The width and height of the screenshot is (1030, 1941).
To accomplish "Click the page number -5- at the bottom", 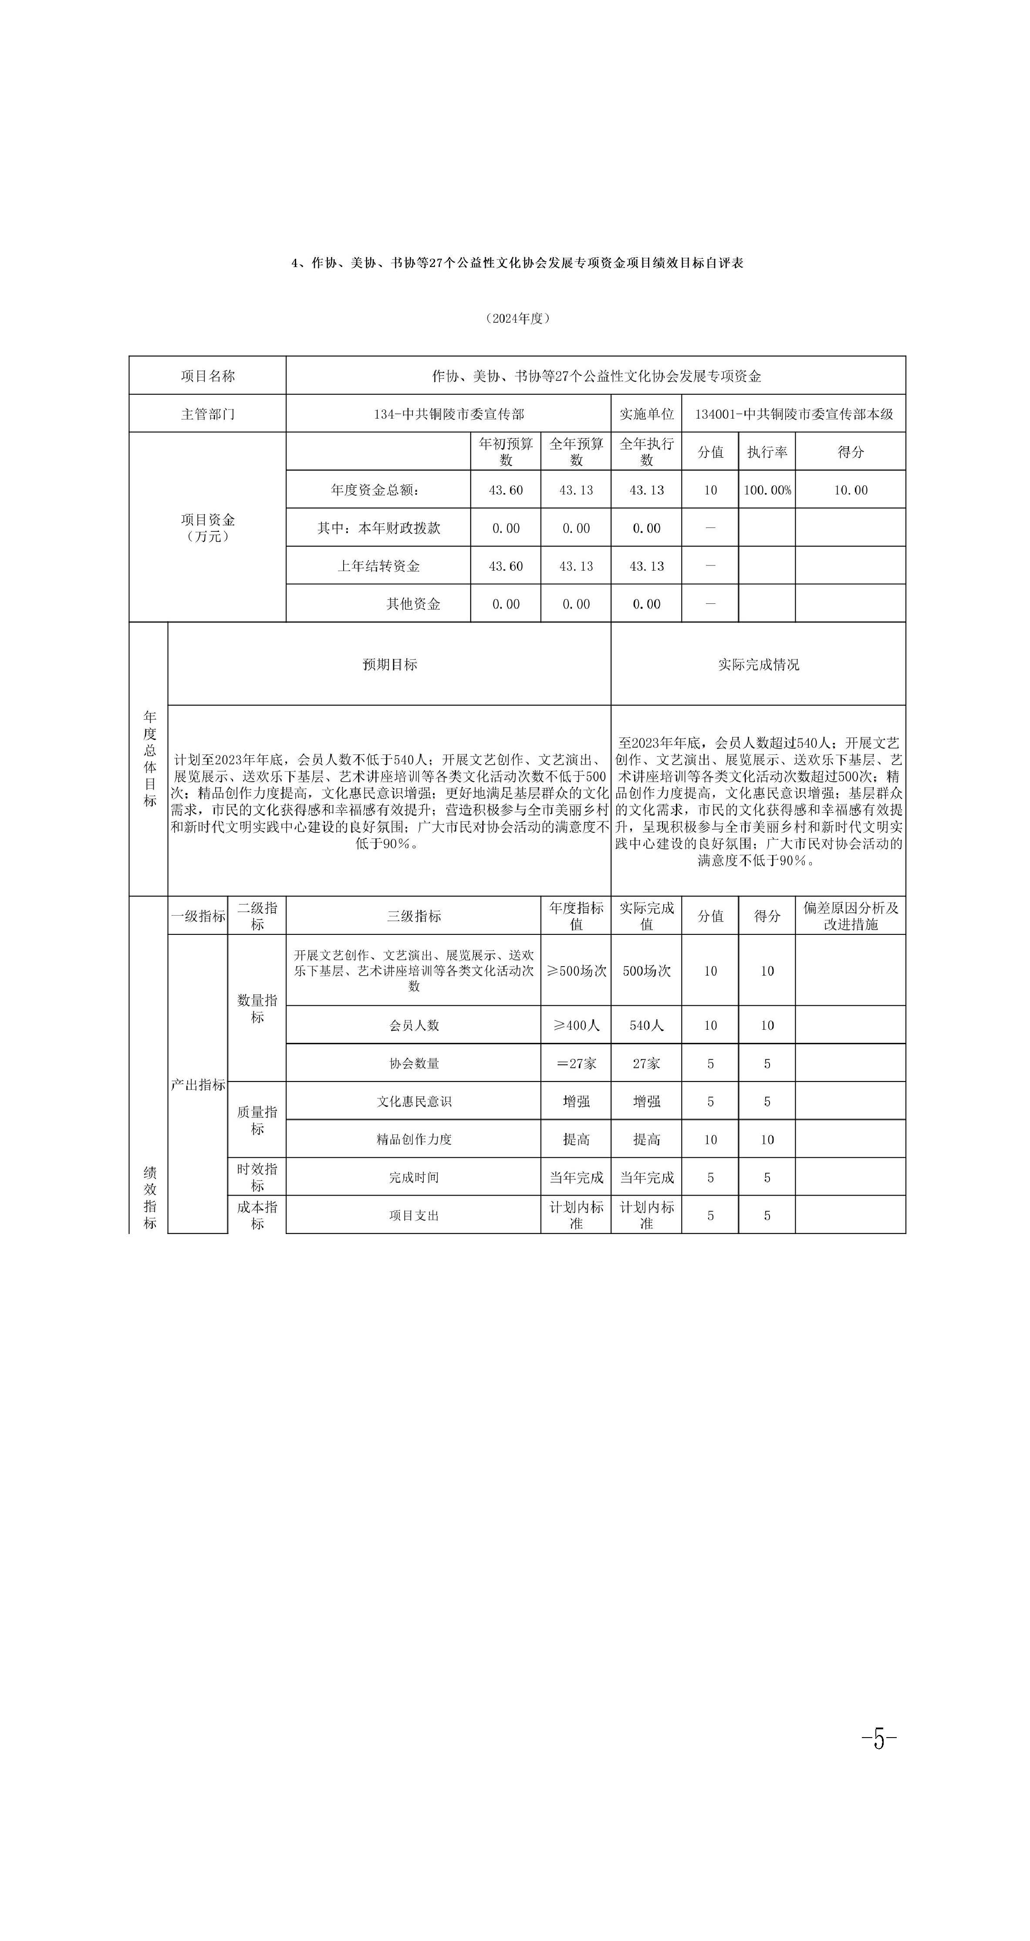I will (x=878, y=1739).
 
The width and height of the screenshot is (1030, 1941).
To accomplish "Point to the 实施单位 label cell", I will (x=646, y=414).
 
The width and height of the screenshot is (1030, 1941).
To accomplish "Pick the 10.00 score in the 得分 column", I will (x=850, y=490).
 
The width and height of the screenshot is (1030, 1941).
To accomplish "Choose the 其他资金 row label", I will (x=413, y=604).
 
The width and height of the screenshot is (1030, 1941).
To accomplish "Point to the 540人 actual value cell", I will (x=646, y=1025).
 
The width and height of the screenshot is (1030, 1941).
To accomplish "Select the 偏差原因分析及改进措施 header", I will (x=850, y=916).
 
